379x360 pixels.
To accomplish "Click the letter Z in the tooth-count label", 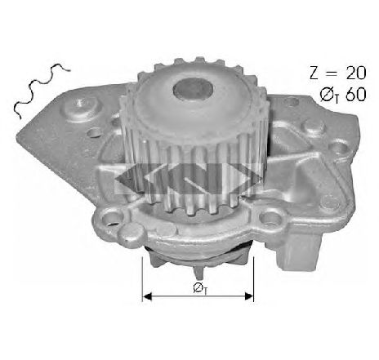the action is click(314, 73).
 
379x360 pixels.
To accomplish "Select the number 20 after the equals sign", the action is click(356, 73).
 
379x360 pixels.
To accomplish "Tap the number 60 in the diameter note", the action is click(356, 95).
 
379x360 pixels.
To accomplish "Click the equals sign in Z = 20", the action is click(332, 73).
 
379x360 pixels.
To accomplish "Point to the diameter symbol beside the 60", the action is click(327, 95).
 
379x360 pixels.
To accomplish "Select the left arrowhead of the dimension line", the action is click(147, 296).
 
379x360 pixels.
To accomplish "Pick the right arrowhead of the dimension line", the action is click(249, 296).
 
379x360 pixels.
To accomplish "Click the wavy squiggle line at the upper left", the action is click(41, 90).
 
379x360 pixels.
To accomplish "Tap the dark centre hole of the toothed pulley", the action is click(193, 89).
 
